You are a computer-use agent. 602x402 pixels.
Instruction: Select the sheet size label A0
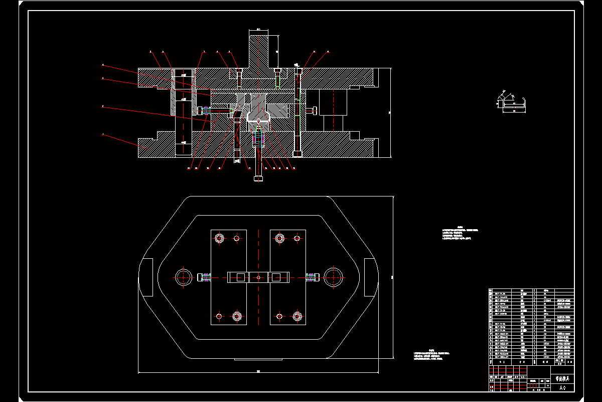coord(562,387)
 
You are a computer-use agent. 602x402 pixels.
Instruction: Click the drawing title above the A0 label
coord(562,378)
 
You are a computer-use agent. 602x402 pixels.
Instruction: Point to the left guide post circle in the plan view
coord(183,277)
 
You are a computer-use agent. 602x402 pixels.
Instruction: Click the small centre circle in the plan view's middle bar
coord(258,277)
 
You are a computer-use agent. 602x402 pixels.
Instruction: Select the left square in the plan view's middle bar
coord(240,277)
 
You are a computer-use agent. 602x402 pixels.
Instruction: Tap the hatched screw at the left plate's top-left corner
coord(219,238)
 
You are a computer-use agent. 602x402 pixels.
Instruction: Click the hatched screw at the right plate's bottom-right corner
coord(297,316)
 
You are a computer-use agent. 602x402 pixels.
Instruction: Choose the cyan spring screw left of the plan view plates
coord(205,277)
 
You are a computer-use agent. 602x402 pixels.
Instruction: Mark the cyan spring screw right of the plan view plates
coord(312,277)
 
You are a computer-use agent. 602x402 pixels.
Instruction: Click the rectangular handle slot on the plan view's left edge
coord(147,277)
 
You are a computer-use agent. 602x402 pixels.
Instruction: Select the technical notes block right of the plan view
coord(461,234)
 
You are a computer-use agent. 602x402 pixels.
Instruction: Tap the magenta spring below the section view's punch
coord(258,137)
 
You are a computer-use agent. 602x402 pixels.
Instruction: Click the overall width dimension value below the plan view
coord(258,371)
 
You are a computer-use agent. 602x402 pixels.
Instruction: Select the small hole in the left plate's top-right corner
coord(236,239)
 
